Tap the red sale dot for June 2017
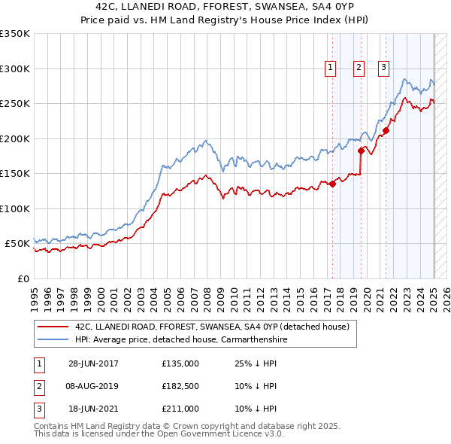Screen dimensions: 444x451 (x=332, y=184)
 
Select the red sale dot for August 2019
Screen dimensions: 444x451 (x=361, y=151)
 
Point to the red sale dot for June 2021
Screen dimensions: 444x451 (x=386, y=130)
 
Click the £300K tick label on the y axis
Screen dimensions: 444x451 (x=15, y=68)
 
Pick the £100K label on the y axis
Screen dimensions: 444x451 (x=15, y=208)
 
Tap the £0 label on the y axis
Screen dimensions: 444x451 (x=23, y=278)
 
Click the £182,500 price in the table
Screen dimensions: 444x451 (x=180, y=386)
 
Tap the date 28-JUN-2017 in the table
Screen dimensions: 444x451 (x=93, y=363)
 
